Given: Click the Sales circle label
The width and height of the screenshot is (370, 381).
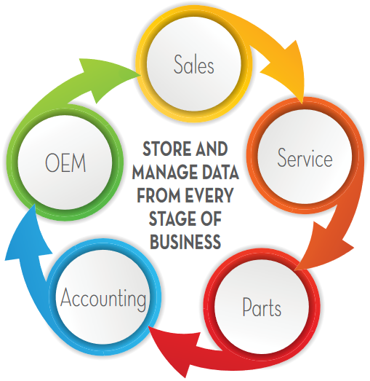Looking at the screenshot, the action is [x=194, y=64].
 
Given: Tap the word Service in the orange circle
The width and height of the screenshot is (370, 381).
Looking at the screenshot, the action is [x=305, y=157].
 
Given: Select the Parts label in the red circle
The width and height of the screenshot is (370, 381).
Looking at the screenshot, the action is [x=262, y=307].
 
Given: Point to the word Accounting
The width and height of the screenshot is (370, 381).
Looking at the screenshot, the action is [x=103, y=299].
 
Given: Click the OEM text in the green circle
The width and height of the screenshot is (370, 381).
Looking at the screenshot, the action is [x=65, y=162].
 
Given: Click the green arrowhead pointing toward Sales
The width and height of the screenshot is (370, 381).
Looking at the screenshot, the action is [x=107, y=78].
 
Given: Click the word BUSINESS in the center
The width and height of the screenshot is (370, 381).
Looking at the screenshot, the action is [x=185, y=242].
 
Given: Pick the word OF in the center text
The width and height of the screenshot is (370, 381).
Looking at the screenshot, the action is [x=211, y=219].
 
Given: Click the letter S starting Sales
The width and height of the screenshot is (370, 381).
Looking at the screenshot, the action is [x=178, y=64].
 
